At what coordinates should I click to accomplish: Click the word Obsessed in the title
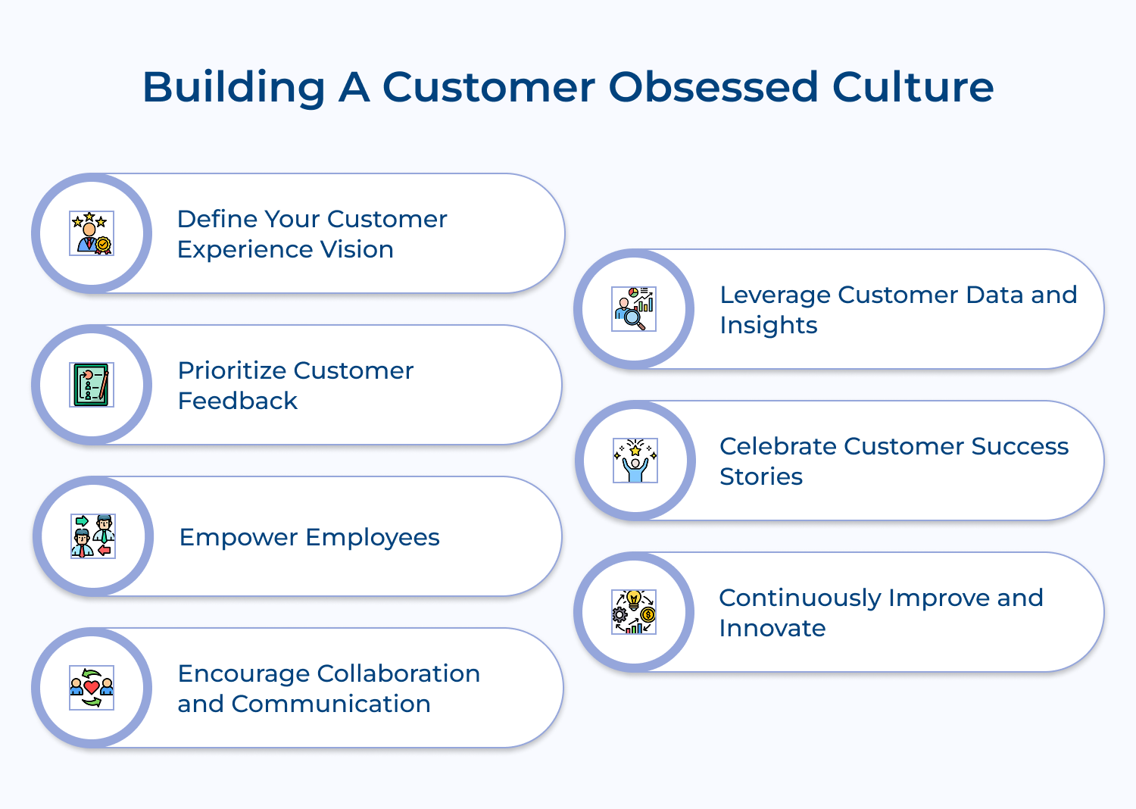pyautogui.click(x=713, y=87)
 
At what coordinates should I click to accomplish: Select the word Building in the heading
pyautogui.click(x=233, y=87)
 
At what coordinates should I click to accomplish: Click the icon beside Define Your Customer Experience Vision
pyautogui.click(x=92, y=233)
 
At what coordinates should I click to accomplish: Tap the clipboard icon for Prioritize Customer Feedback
pyautogui.click(x=92, y=385)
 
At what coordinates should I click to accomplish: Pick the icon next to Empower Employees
pyautogui.click(x=92, y=536)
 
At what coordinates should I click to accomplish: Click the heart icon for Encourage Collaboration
pyautogui.click(x=92, y=688)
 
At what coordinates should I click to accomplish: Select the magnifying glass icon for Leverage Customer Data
pyautogui.click(x=634, y=309)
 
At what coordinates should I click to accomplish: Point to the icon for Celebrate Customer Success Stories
pyautogui.click(x=635, y=461)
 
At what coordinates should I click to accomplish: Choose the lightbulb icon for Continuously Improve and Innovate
pyautogui.click(x=634, y=612)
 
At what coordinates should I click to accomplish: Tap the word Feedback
pyautogui.click(x=238, y=401)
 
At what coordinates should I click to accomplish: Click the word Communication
pyautogui.click(x=331, y=704)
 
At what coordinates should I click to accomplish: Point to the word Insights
pyautogui.click(x=768, y=325)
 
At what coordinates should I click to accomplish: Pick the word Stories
pyautogui.click(x=760, y=476)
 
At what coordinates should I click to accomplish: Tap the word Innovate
pyautogui.click(x=772, y=628)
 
